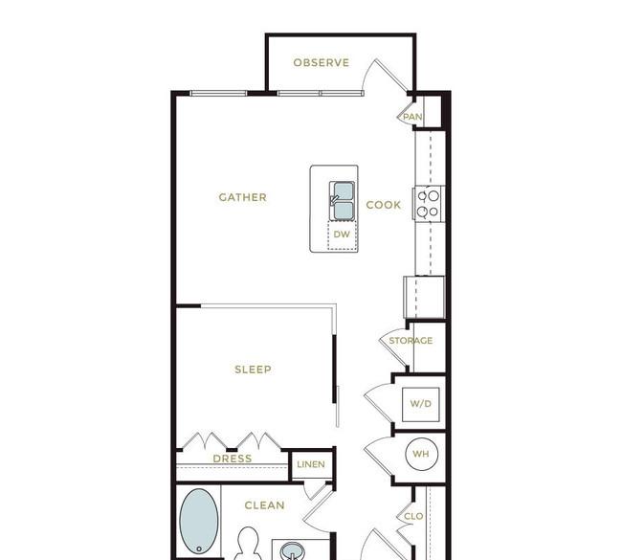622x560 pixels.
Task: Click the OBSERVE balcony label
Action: [322, 63]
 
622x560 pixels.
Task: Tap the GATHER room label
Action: [243, 197]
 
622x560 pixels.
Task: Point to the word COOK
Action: [384, 205]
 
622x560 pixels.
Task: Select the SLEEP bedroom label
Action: [253, 370]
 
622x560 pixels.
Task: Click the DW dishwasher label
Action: [342, 235]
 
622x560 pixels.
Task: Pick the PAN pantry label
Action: [412, 117]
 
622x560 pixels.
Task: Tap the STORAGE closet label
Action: [411, 341]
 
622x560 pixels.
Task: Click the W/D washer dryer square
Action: [420, 404]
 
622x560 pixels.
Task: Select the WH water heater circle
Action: [422, 454]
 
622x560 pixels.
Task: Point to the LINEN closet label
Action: [311, 464]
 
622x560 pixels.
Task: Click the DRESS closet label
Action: [233, 459]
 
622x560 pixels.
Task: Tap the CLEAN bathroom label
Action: [264, 505]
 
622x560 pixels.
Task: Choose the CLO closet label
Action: [413, 516]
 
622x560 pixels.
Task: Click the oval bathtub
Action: [199, 521]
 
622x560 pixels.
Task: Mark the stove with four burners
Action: [429, 204]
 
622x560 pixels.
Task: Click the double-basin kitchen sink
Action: [342, 201]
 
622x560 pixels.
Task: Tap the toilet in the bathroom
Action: [248, 544]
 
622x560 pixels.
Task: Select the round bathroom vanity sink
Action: [293, 551]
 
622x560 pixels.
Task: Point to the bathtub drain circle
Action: [199, 549]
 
